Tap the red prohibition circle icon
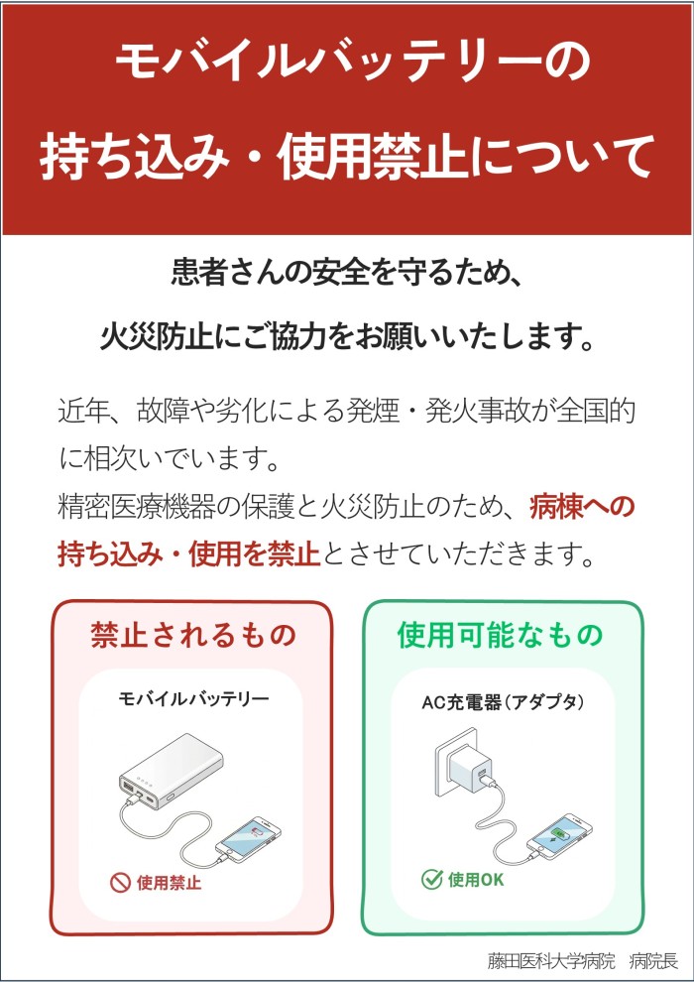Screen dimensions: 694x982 pyautogui.click(x=119, y=883)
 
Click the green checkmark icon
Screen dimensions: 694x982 pyautogui.click(x=432, y=879)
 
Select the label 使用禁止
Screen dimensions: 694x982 pyautogui.click(x=169, y=883)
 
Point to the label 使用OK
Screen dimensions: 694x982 pyautogui.click(x=476, y=879)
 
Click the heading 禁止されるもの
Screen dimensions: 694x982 pyautogui.click(x=192, y=635)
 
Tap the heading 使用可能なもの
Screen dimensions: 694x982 pyautogui.click(x=500, y=635)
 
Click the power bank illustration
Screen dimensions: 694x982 pyautogui.click(x=171, y=773)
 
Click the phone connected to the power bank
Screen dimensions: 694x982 pyautogui.click(x=248, y=839)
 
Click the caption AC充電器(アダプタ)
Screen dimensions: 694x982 pyautogui.click(x=503, y=702)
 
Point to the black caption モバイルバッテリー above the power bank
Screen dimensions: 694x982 pyautogui.click(x=194, y=698)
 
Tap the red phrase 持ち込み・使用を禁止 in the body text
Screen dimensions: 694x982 pyautogui.click(x=189, y=553)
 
